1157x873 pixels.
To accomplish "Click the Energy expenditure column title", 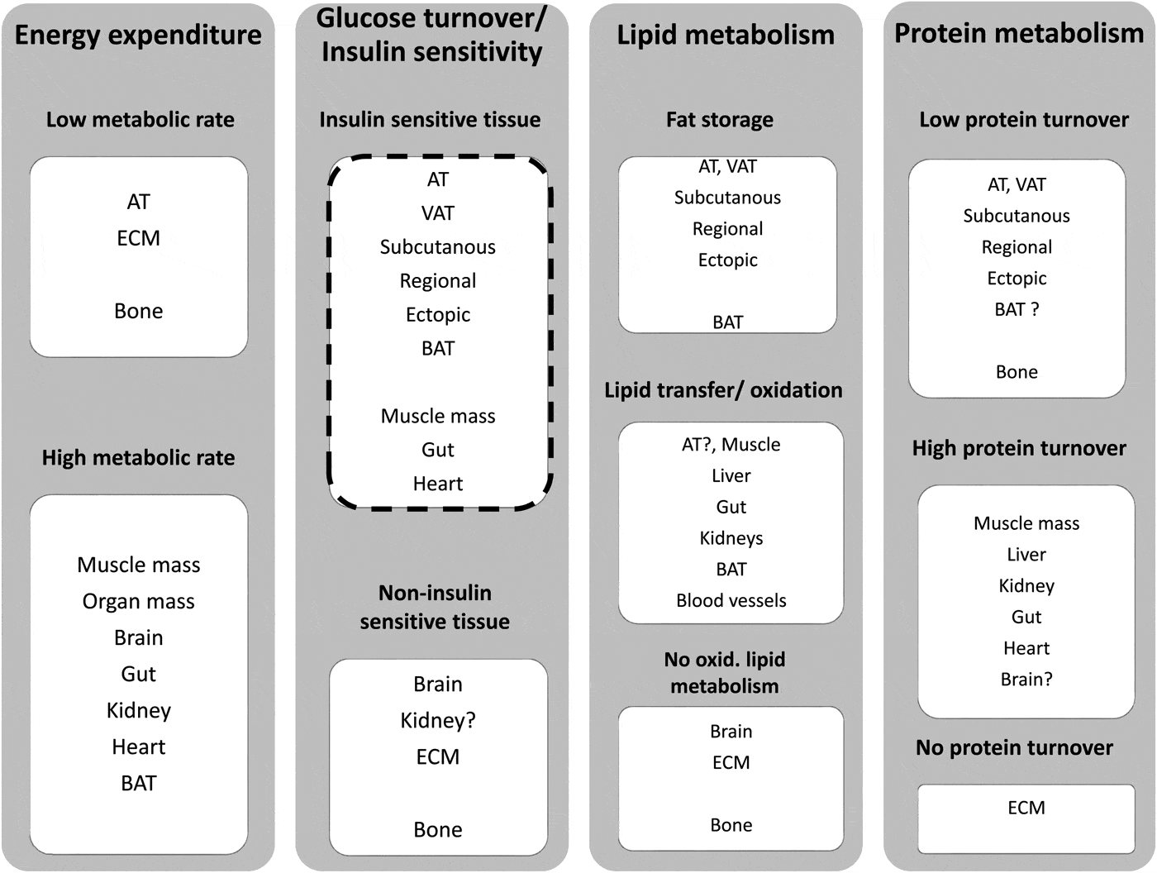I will click(x=138, y=35).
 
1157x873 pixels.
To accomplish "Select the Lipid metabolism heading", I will click(x=726, y=35).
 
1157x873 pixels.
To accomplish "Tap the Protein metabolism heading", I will click(x=1019, y=33).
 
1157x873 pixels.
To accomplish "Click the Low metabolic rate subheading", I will click(x=140, y=120).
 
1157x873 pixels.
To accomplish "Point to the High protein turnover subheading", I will click(x=1019, y=448).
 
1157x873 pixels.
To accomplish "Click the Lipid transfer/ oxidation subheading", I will click(x=723, y=390).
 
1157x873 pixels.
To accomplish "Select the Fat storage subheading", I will click(x=720, y=120).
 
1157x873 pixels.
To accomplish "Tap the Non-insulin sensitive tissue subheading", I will click(x=435, y=607).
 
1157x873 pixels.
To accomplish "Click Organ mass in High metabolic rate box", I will click(x=138, y=601).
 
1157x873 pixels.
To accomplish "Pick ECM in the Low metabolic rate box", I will click(x=138, y=238).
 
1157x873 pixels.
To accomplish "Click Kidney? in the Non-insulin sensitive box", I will click(x=437, y=720).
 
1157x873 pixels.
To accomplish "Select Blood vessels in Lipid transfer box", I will click(x=731, y=600).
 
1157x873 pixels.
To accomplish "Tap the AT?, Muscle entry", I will click(x=731, y=445).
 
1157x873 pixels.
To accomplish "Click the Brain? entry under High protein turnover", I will click(x=1026, y=680).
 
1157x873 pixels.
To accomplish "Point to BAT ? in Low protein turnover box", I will click(x=1017, y=309).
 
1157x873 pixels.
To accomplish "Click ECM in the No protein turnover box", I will click(x=1026, y=808).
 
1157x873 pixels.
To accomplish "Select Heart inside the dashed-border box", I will click(x=437, y=484).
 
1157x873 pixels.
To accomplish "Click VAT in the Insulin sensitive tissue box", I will click(x=437, y=213).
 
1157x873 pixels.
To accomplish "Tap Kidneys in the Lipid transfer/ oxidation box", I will click(x=731, y=538).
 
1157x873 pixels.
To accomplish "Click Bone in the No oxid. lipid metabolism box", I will click(x=731, y=825).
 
